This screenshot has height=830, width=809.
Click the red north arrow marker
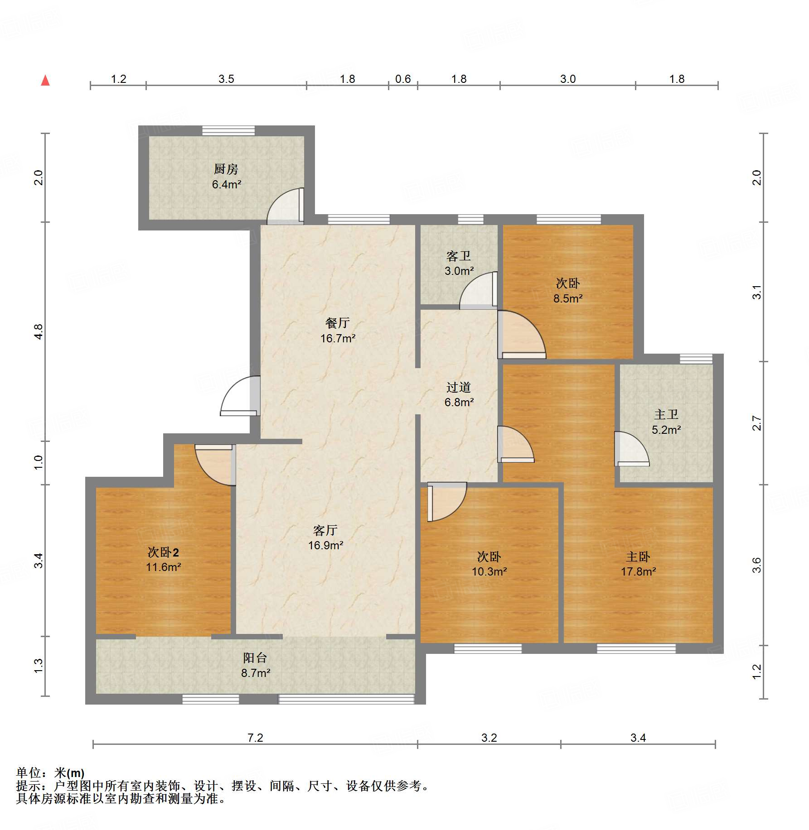pyautogui.click(x=45, y=81)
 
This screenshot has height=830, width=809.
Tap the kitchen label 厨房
pyautogui.click(x=226, y=169)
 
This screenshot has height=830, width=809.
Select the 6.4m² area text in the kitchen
pyautogui.click(x=226, y=185)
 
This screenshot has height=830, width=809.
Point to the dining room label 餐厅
pyautogui.click(x=337, y=323)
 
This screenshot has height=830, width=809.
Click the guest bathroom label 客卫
pyautogui.click(x=459, y=256)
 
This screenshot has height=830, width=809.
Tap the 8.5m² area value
pyautogui.click(x=567, y=298)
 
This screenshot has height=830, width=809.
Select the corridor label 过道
pyautogui.click(x=459, y=387)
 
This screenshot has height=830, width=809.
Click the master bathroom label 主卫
pyautogui.click(x=666, y=414)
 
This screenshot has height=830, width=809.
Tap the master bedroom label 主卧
pyautogui.click(x=638, y=557)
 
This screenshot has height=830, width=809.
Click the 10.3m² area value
pyautogui.click(x=489, y=572)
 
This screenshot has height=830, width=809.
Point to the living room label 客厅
pyautogui.click(x=325, y=530)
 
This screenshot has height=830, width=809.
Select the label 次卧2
pyautogui.click(x=163, y=552)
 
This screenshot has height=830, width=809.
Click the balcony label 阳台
pyautogui.click(x=255, y=657)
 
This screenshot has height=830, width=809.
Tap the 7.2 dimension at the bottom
pyautogui.click(x=255, y=738)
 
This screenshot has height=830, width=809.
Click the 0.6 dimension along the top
pyautogui.click(x=402, y=79)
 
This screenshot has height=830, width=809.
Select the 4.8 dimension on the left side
pyautogui.click(x=39, y=331)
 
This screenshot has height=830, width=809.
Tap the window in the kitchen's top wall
pyautogui.click(x=228, y=130)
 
